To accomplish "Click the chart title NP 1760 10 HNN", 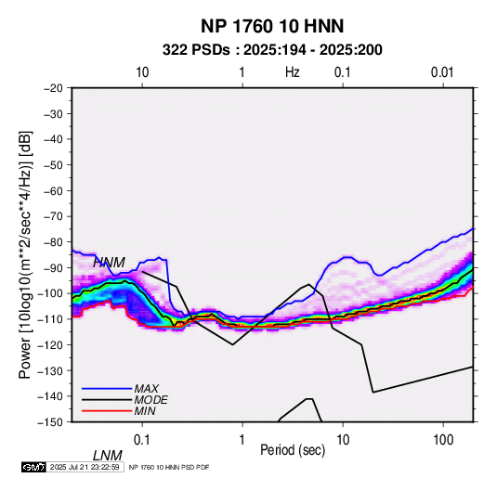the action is pyautogui.click(x=272, y=26).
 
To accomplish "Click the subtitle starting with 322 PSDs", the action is pyautogui.click(x=272, y=50).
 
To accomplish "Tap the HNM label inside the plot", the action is pyautogui.click(x=109, y=263).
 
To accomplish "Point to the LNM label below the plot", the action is pyautogui.click(x=107, y=456).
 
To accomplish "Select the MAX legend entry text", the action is pyautogui.click(x=146, y=388).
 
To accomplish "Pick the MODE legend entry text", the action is pyautogui.click(x=150, y=400).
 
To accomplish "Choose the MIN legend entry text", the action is pyautogui.click(x=145, y=411).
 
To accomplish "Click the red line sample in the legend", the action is pyautogui.click(x=107, y=411).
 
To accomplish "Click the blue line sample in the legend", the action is pyautogui.click(x=107, y=388).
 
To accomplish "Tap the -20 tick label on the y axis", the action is pyautogui.click(x=53, y=88).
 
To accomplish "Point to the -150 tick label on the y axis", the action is pyautogui.click(x=50, y=422).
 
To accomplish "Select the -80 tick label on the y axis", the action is pyautogui.click(x=53, y=242).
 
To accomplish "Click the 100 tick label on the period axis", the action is pyautogui.click(x=443, y=440).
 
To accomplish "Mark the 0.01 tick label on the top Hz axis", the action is pyautogui.click(x=442, y=72).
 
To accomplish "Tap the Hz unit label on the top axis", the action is pyautogui.click(x=292, y=72).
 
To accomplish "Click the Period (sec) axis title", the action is pyautogui.click(x=293, y=450).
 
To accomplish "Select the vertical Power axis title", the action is pyautogui.click(x=25, y=255).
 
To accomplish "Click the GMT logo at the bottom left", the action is pyautogui.click(x=33, y=467).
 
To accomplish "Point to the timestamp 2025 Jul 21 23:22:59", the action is pyautogui.click(x=85, y=467).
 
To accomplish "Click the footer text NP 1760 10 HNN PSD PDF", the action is pyautogui.click(x=169, y=467).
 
